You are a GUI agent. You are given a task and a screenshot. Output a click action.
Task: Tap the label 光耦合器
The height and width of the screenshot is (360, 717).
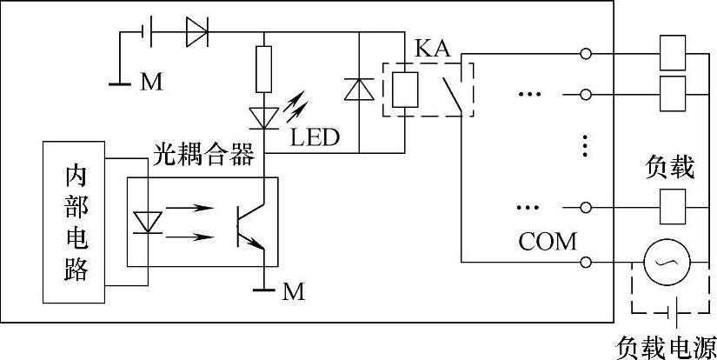pos(203,156)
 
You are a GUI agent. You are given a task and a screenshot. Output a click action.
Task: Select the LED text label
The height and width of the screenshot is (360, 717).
pos(315,137)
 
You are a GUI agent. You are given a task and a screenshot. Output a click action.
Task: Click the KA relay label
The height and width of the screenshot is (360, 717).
pos(433,48)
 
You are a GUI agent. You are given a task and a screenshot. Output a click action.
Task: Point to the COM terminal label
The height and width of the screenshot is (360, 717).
pos(548,242)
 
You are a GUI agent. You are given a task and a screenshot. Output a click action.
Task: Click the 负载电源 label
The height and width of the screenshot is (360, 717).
pos(667,349)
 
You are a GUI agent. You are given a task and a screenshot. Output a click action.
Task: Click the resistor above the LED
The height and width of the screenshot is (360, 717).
pos(264,69)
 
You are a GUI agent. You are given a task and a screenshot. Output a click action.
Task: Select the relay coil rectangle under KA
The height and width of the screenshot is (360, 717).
pos(405,90)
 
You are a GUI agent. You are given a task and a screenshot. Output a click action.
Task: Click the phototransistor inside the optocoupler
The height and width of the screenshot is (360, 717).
pos(250,226)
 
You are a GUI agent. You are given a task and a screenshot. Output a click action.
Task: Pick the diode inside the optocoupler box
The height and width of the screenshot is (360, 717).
pos(147,223)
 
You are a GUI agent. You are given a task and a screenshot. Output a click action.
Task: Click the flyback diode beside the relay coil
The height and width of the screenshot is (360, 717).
pos(359,90)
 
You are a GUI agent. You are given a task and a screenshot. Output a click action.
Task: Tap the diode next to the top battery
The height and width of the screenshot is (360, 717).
pos(197,32)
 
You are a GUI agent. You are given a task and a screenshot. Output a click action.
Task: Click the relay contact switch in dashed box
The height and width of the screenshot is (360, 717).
pos(452,95)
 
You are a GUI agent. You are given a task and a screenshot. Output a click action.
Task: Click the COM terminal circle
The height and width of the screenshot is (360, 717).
pos(586,262)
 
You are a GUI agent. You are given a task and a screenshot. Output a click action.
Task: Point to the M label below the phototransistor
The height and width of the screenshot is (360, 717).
pos(293,292)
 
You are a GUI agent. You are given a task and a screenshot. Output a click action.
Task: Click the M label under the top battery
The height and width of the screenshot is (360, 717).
pos(151,83)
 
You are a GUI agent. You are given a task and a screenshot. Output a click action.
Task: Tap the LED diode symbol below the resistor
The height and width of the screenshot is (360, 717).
pos(264,118)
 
